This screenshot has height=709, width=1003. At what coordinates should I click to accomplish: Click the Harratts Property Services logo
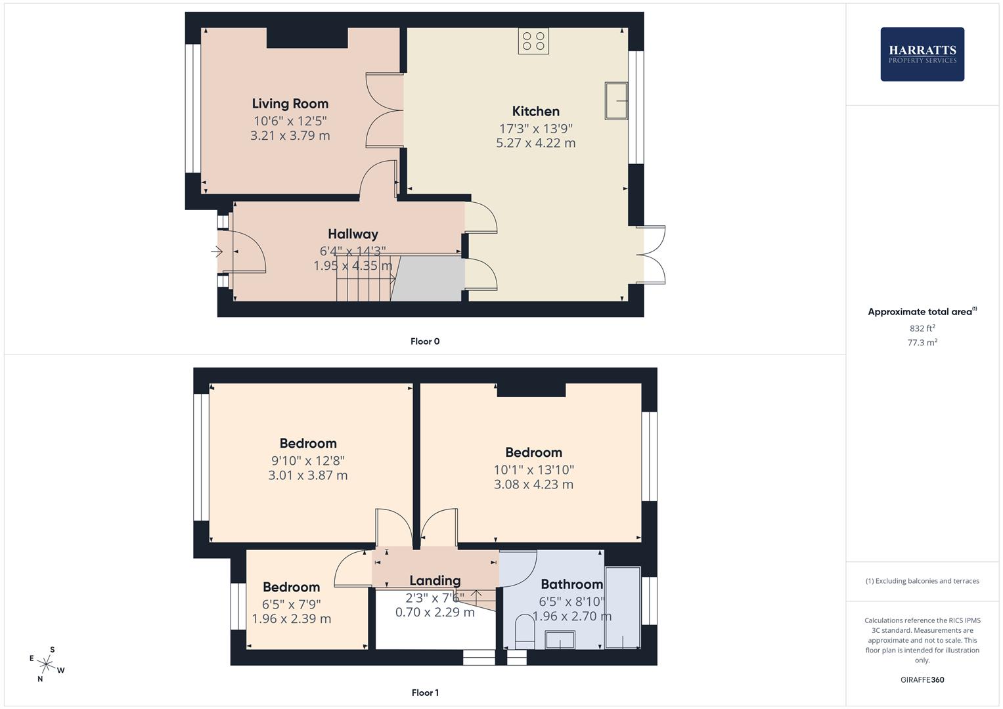[922, 54]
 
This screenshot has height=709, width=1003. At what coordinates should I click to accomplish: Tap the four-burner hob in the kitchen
[533, 41]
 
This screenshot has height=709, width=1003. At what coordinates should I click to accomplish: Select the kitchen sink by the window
[616, 100]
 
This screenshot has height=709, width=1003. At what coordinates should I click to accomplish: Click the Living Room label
[290, 104]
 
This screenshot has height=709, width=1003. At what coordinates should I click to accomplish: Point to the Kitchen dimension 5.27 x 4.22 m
[535, 143]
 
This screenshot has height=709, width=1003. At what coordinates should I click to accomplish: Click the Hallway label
[353, 234]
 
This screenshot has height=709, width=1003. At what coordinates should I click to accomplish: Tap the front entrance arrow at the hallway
[217, 251]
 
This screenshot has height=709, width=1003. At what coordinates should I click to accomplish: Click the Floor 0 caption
[424, 341]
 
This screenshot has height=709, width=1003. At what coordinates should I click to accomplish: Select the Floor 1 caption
[424, 693]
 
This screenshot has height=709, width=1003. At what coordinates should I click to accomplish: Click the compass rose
[47, 664]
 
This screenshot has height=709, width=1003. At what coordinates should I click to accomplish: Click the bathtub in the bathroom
[622, 608]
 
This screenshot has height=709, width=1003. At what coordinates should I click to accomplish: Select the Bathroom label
[571, 584]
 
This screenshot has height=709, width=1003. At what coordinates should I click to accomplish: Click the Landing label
[434, 580]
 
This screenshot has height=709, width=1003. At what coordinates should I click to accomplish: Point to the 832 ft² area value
[922, 328]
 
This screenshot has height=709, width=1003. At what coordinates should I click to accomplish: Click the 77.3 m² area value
[922, 343]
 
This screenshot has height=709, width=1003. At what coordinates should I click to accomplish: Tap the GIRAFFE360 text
[922, 680]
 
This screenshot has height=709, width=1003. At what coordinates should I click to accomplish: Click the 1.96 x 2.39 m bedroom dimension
[291, 619]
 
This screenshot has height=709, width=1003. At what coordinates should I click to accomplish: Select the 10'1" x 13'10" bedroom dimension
[533, 470]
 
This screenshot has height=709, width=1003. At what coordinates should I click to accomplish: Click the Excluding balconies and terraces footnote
[922, 581]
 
